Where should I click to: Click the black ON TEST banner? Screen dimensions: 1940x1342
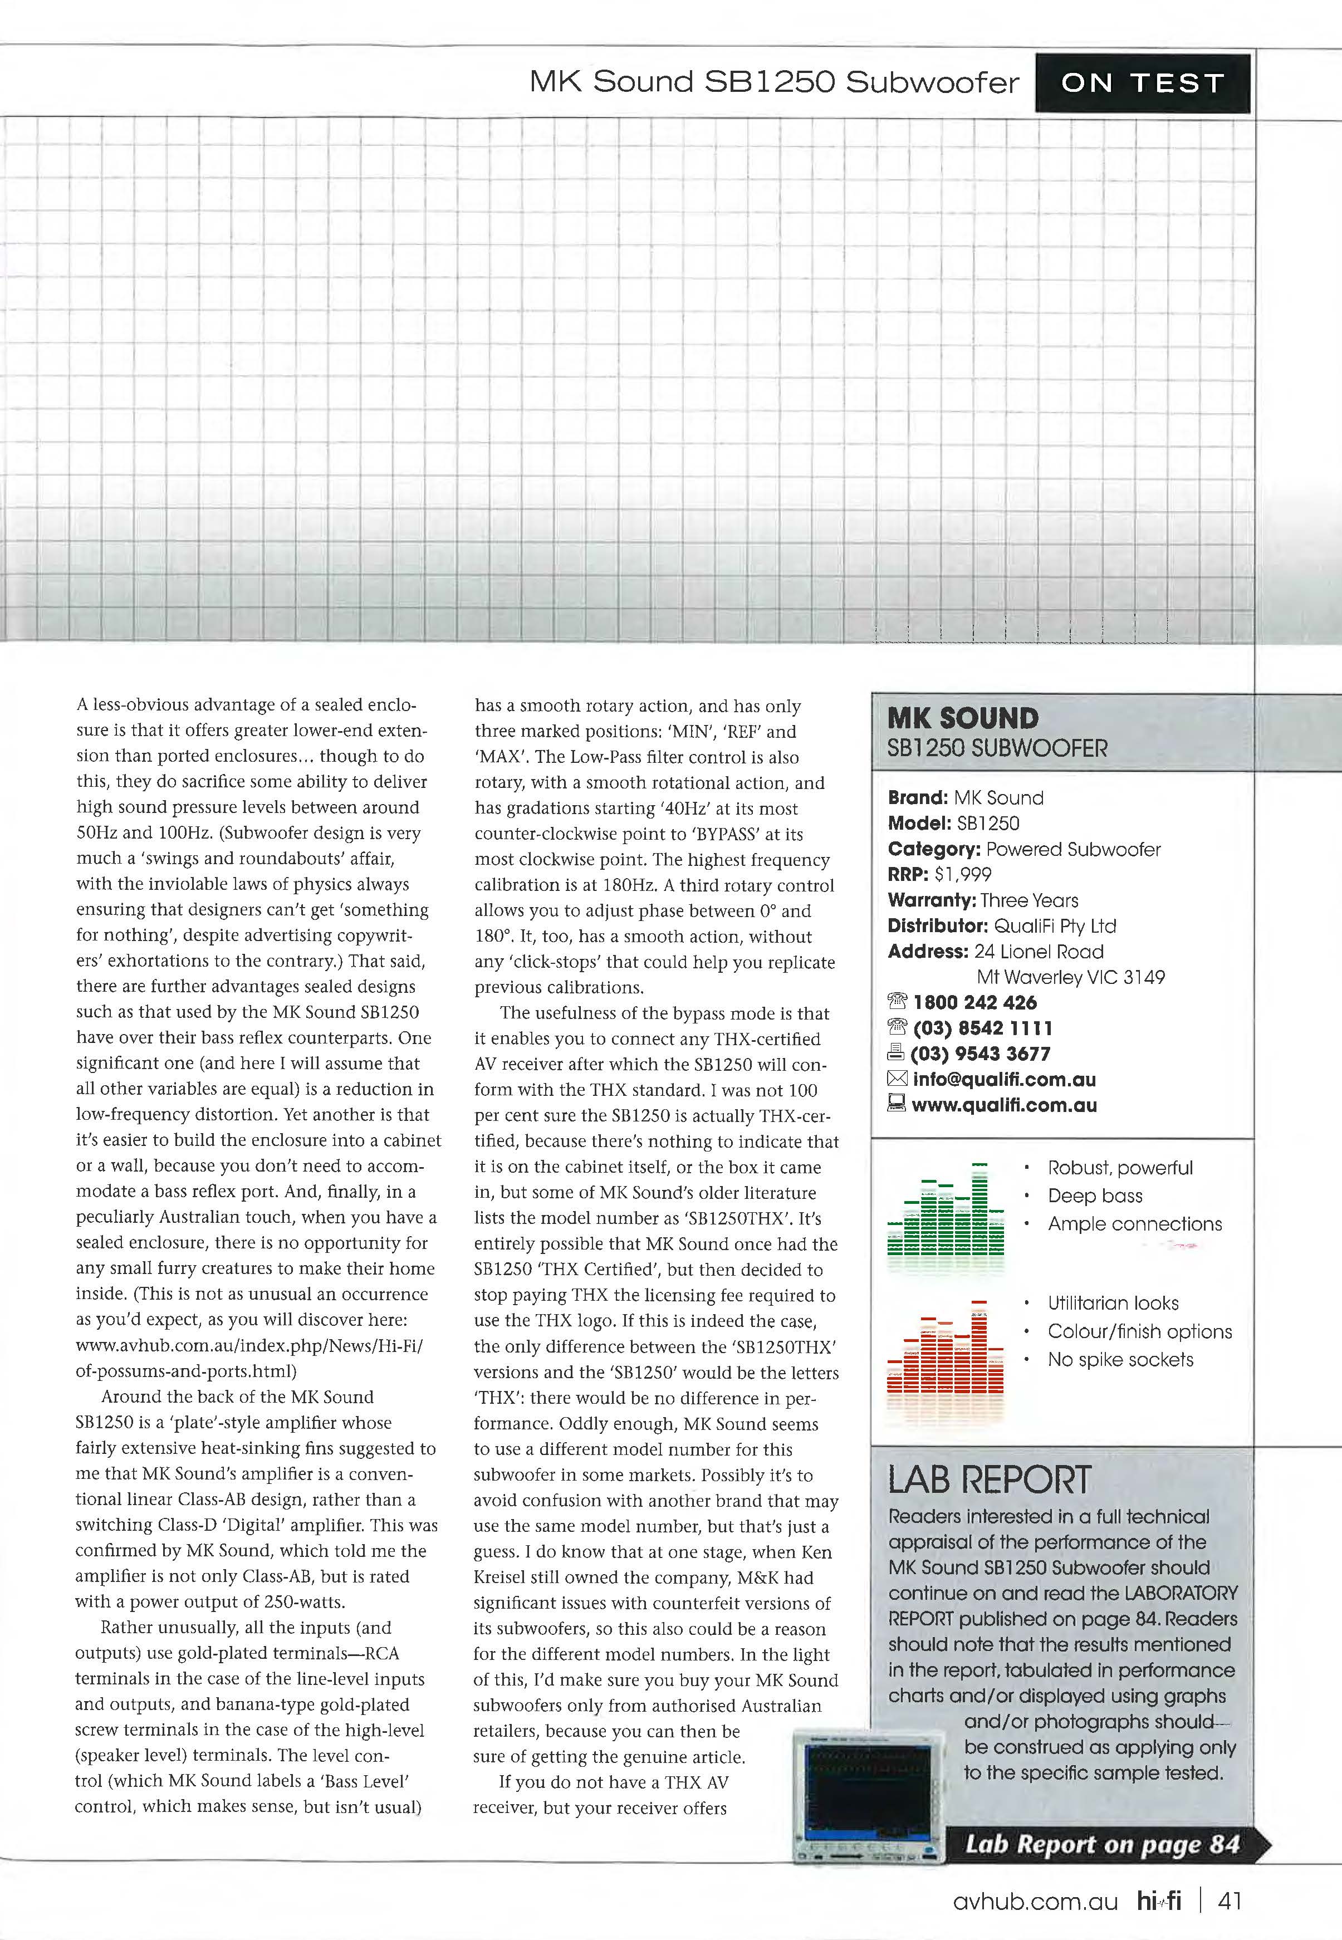pos(1142,84)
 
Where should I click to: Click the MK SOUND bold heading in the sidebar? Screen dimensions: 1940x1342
pos(963,718)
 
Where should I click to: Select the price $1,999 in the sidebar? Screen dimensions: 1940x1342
pos(963,875)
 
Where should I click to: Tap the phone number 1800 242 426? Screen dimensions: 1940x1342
pos(974,1002)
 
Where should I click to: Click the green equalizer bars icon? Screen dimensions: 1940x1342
pos(945,1211)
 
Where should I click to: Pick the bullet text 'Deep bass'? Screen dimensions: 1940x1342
pos(1095,1196)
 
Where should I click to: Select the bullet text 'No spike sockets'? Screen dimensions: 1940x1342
pos(1120,1360)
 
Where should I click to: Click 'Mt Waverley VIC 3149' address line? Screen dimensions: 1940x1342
pos(1070,977)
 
